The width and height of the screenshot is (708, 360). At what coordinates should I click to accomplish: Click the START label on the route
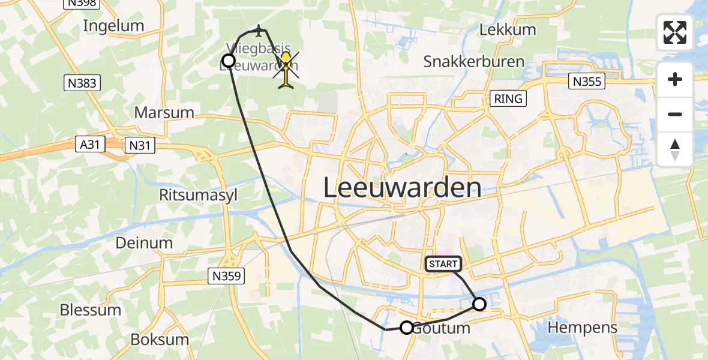tap(443, 264)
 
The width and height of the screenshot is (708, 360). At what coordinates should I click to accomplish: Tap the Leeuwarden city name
tap(402, 188)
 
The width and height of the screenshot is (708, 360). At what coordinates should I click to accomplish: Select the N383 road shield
tap(82, 83)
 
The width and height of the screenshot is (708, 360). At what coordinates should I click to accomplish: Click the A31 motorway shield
tap(91, 144)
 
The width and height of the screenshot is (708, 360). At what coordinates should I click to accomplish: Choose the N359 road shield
tap(227, 276)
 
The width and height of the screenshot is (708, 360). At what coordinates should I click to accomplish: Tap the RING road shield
tap(508, 98)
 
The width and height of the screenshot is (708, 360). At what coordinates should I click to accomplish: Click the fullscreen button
tap(675, 32)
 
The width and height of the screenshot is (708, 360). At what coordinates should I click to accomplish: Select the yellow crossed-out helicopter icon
tap(287, 70)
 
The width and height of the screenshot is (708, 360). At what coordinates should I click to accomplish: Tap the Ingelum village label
tap(114, 26)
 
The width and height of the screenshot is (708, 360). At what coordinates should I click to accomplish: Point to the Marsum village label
tap(164, 112)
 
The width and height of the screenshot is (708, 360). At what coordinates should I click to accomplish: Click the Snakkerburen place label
tap(474, 61)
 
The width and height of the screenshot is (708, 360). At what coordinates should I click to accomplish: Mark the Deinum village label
tap(144, 243)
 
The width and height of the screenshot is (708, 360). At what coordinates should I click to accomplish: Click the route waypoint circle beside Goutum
tap(407, 328)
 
